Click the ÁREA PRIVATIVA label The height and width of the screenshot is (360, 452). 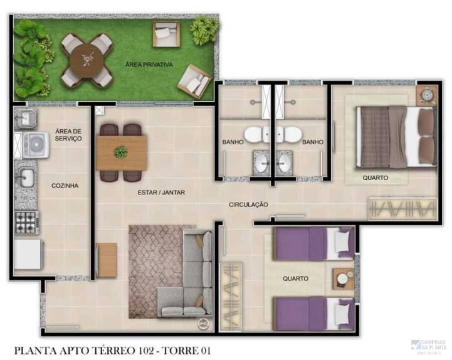tap(149, 65)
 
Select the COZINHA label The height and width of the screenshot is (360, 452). tap(65, 186)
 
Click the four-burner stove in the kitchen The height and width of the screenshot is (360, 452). tap(27, 223)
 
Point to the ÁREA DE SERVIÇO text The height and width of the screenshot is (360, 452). tap(68, 134)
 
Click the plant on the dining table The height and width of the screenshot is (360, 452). tap(120, 152)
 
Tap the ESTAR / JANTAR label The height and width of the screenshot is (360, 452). tap(161, 193)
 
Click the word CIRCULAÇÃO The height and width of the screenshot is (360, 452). tap(248, 204)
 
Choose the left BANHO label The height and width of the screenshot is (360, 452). tap(233, 142)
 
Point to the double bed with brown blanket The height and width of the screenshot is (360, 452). tap(395, 136)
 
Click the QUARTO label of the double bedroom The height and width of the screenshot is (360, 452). tap(375, 177)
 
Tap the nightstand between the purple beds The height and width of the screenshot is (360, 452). tap(342, 278)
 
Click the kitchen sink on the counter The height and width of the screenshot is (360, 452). tap(26, 177)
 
